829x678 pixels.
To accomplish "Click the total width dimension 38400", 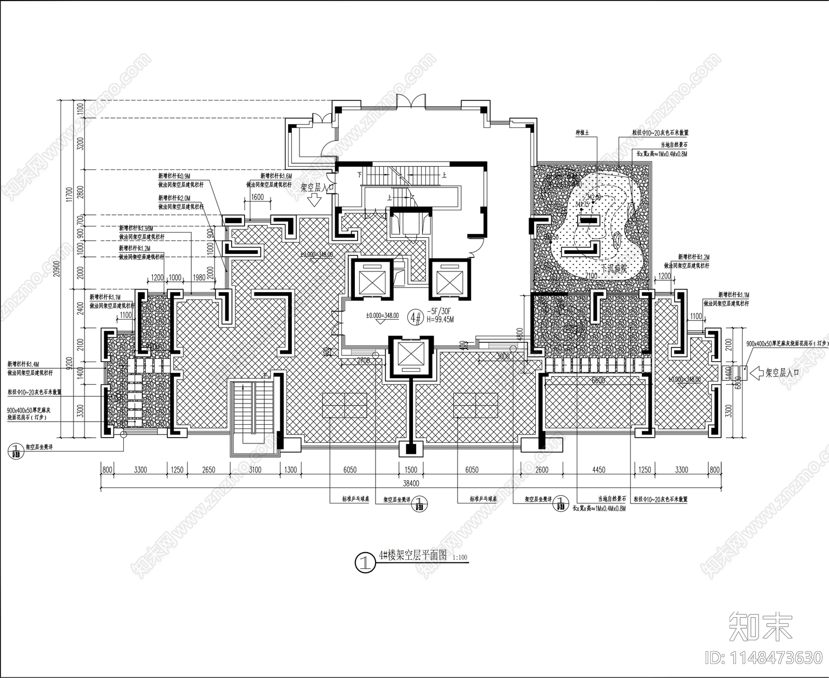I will [x=410, y=483].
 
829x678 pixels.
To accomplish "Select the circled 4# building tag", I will [x=415, y=317].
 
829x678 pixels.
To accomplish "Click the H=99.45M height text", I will [x=440, y=320].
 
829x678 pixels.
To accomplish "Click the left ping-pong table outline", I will [x=345, y=405].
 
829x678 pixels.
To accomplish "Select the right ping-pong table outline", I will [x=475, y=405].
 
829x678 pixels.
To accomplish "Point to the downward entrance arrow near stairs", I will [x=315, y=201].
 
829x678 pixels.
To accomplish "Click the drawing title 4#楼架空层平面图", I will [x=412, y=556].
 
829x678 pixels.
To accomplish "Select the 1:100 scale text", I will [x=460, y=558].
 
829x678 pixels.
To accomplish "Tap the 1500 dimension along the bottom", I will [x=410, y=470].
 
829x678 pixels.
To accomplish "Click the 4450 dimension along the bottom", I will [x=598, y=470].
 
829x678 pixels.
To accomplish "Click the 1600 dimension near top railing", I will [x=258, y=197].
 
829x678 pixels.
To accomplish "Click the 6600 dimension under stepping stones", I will [x=598, y=380].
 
